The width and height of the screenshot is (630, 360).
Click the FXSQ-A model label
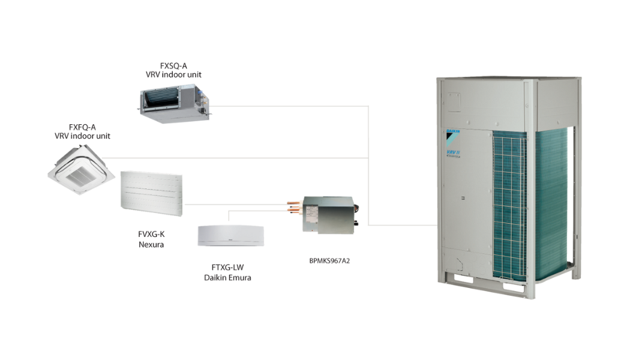click(x=173, y=66)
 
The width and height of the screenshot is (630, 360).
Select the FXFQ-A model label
click(x=82, y=127)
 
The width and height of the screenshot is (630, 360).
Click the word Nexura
click(x=151, y=245)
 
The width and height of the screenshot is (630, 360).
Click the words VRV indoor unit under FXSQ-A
click(x=173, y=75)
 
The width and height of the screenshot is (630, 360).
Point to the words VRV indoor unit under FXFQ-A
click(x=82, y=136)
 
